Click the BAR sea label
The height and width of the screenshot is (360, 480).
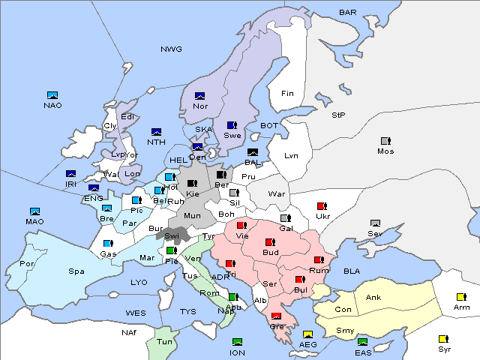pos(347,13)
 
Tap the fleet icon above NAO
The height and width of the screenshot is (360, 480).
pos(52,95)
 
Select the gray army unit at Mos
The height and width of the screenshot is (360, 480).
pos(385,140)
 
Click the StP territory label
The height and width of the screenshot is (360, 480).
pos(338,115)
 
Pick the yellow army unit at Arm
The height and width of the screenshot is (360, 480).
pos(461,296)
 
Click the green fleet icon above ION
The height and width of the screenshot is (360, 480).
pos(238,342)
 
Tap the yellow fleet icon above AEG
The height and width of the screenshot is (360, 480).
pos(307,334)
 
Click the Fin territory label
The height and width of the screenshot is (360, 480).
pos(287,94)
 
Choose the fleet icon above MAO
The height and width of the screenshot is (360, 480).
pos(34,211)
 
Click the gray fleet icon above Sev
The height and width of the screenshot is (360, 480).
pos(376,223)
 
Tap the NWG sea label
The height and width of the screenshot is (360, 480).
pos(171,49)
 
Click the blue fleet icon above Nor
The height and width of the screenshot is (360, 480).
pos(199,95)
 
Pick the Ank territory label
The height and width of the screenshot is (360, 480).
pos(373,298)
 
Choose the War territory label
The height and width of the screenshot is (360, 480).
pos(277,193)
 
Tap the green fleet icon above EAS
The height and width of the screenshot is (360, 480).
pos(363,343)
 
